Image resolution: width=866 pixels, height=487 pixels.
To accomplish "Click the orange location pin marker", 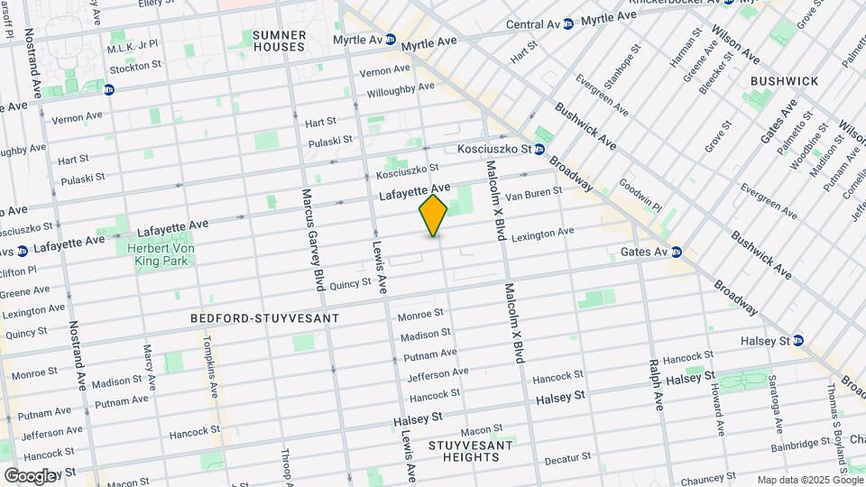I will [434, 215].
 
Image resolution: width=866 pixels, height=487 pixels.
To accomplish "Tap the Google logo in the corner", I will [29, 475].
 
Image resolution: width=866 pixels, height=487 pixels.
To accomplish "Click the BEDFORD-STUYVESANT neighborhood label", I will [264, 318].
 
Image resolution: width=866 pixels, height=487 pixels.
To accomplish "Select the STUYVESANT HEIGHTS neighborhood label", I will [470, 451].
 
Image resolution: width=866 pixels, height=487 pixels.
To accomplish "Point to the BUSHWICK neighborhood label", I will [784, 81].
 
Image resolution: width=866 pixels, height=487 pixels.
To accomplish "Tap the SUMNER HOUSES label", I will [280, 41].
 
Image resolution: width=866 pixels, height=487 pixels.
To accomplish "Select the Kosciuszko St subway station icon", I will [539, 149].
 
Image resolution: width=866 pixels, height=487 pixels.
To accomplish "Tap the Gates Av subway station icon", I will [676, 252].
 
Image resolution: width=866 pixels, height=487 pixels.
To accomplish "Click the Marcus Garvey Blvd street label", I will [312, 240].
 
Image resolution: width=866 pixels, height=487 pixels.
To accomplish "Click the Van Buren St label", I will [532, 191].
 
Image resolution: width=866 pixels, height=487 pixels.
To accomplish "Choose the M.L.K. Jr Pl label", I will [133, 44].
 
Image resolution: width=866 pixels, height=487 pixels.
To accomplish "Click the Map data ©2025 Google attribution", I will [809, 480].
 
